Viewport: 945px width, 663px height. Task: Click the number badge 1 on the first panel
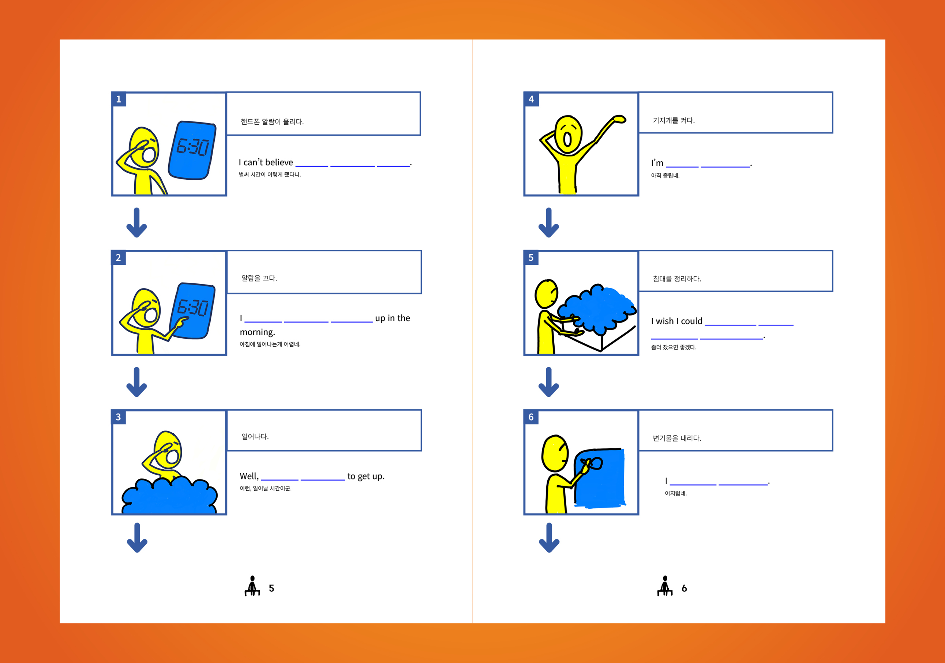coord(119,99)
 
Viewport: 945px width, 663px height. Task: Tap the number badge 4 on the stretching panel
coord(531,99)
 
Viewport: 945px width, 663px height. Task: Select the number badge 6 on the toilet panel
coord(531,417)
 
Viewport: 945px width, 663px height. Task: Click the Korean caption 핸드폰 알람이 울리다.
coord(272,122)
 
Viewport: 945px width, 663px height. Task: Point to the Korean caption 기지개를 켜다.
coord(674,121)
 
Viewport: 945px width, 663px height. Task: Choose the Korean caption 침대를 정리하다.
coord(677,279)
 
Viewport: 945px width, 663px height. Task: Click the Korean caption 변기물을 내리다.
coord(677,438)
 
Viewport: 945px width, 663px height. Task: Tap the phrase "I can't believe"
coord(266,162)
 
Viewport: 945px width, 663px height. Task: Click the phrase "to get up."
coord(366,476)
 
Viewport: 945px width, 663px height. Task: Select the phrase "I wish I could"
coord(677,321)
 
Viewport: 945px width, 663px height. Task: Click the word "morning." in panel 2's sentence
coord(257,332)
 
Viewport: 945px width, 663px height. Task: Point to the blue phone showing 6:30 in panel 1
coord(192,150)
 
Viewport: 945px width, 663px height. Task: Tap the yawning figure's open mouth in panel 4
coord(567,139)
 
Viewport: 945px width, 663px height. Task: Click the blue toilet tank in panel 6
coord(600,478)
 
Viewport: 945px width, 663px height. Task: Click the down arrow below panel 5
coord(549,382)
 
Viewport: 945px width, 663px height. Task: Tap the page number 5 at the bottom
coord(271,588)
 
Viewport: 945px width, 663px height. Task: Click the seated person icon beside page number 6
coord(665,586)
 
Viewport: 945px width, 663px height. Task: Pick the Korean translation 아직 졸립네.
coord(665,176)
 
